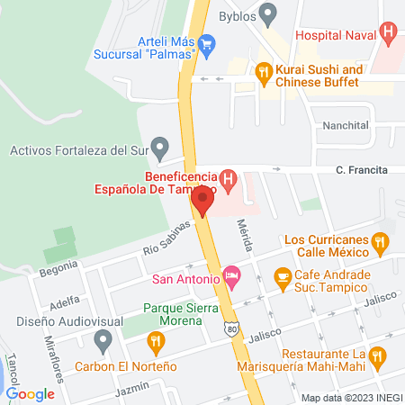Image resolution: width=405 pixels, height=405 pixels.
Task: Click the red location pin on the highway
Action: click(202, 201)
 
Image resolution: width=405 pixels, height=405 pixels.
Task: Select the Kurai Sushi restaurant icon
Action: click(263, 70)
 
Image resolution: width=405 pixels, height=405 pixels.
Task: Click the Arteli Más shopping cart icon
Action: click(207, 43)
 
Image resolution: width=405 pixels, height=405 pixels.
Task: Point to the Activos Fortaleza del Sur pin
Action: click(160, 147)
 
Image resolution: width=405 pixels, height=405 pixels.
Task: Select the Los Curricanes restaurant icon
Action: click(381, 241)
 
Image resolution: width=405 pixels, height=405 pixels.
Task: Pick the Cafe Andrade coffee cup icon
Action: click(283, 275)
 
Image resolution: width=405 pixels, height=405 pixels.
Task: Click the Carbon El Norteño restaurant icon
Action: click(157, 340)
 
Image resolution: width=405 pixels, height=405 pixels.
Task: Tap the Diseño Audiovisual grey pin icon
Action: click(103, 341)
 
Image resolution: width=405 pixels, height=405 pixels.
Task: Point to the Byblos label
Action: click(237, 16)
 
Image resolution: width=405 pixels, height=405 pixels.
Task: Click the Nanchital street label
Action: click(346, 126)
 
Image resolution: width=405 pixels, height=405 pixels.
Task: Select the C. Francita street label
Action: click(362, 169)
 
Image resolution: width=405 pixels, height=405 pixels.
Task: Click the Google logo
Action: click(30, 393)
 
